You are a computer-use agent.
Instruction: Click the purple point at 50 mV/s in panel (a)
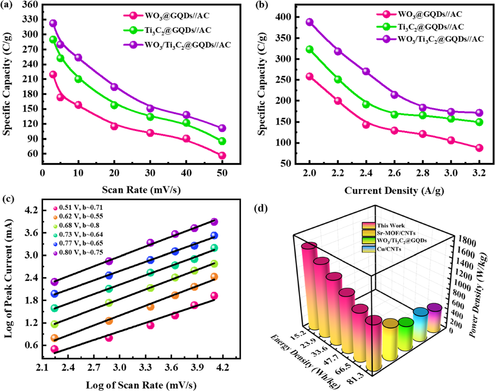coord(222,128)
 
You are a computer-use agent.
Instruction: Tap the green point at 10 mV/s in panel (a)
coord(78,79)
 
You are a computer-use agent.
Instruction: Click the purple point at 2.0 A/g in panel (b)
coord(310,22)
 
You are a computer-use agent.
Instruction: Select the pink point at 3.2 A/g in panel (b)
coord(479,148)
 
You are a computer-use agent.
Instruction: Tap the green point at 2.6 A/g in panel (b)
coord(394,114)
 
